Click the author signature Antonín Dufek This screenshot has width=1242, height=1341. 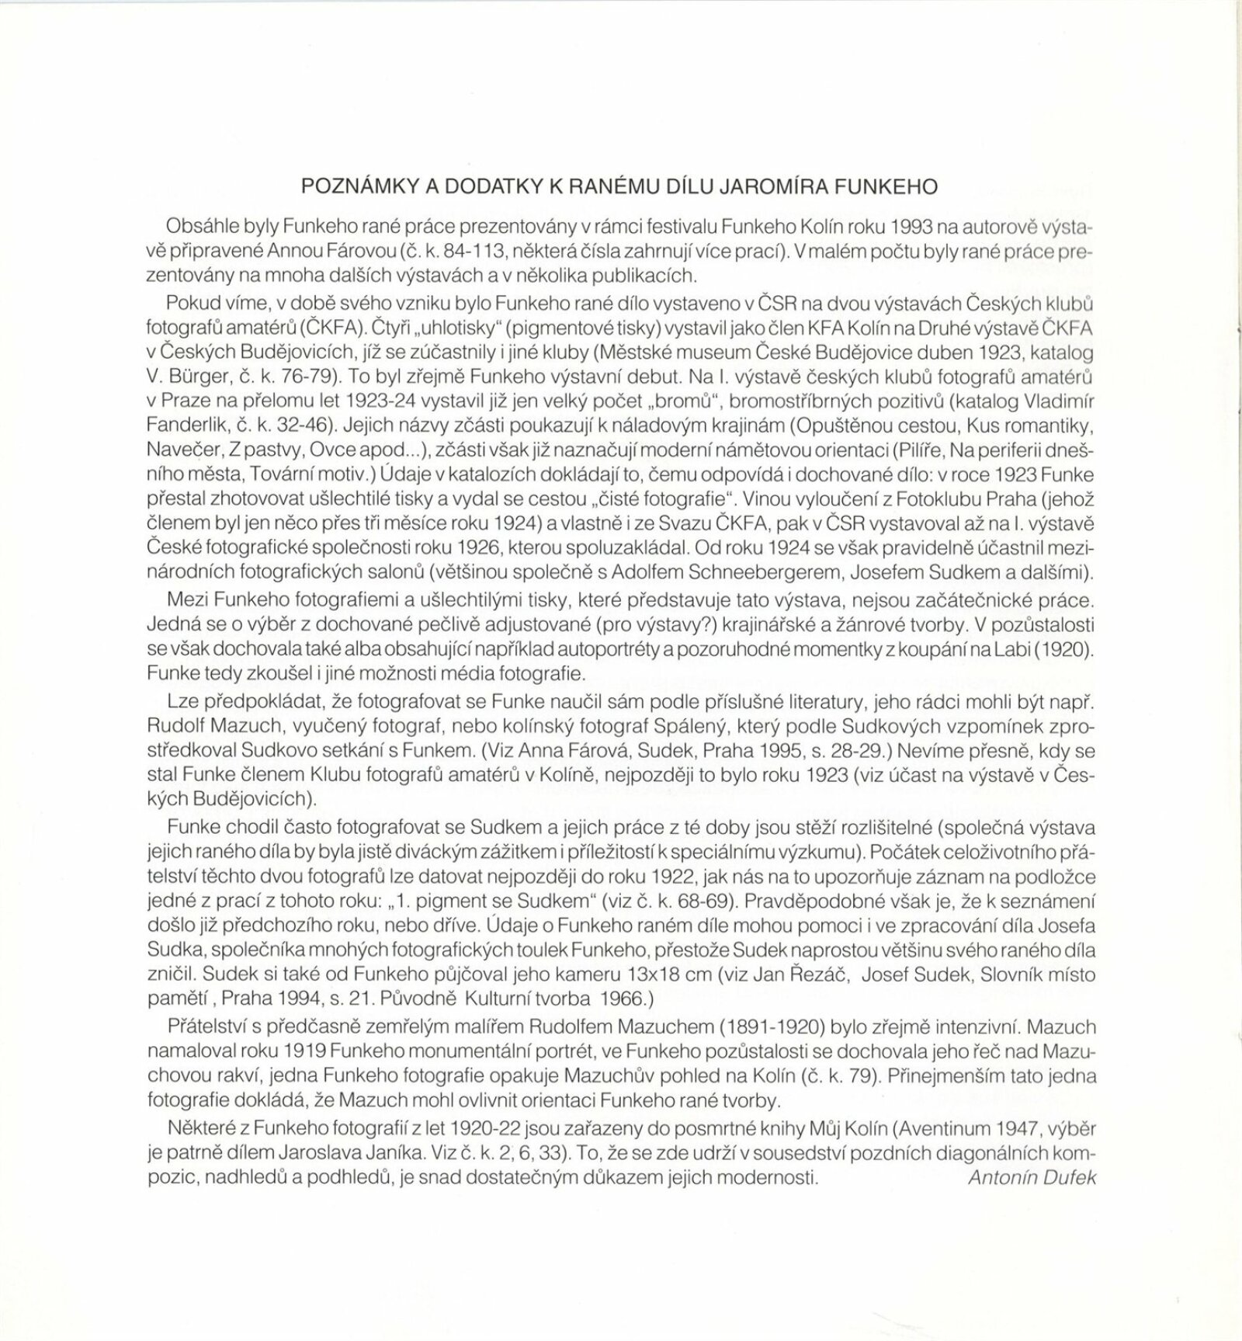[x=1032, y=1176]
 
